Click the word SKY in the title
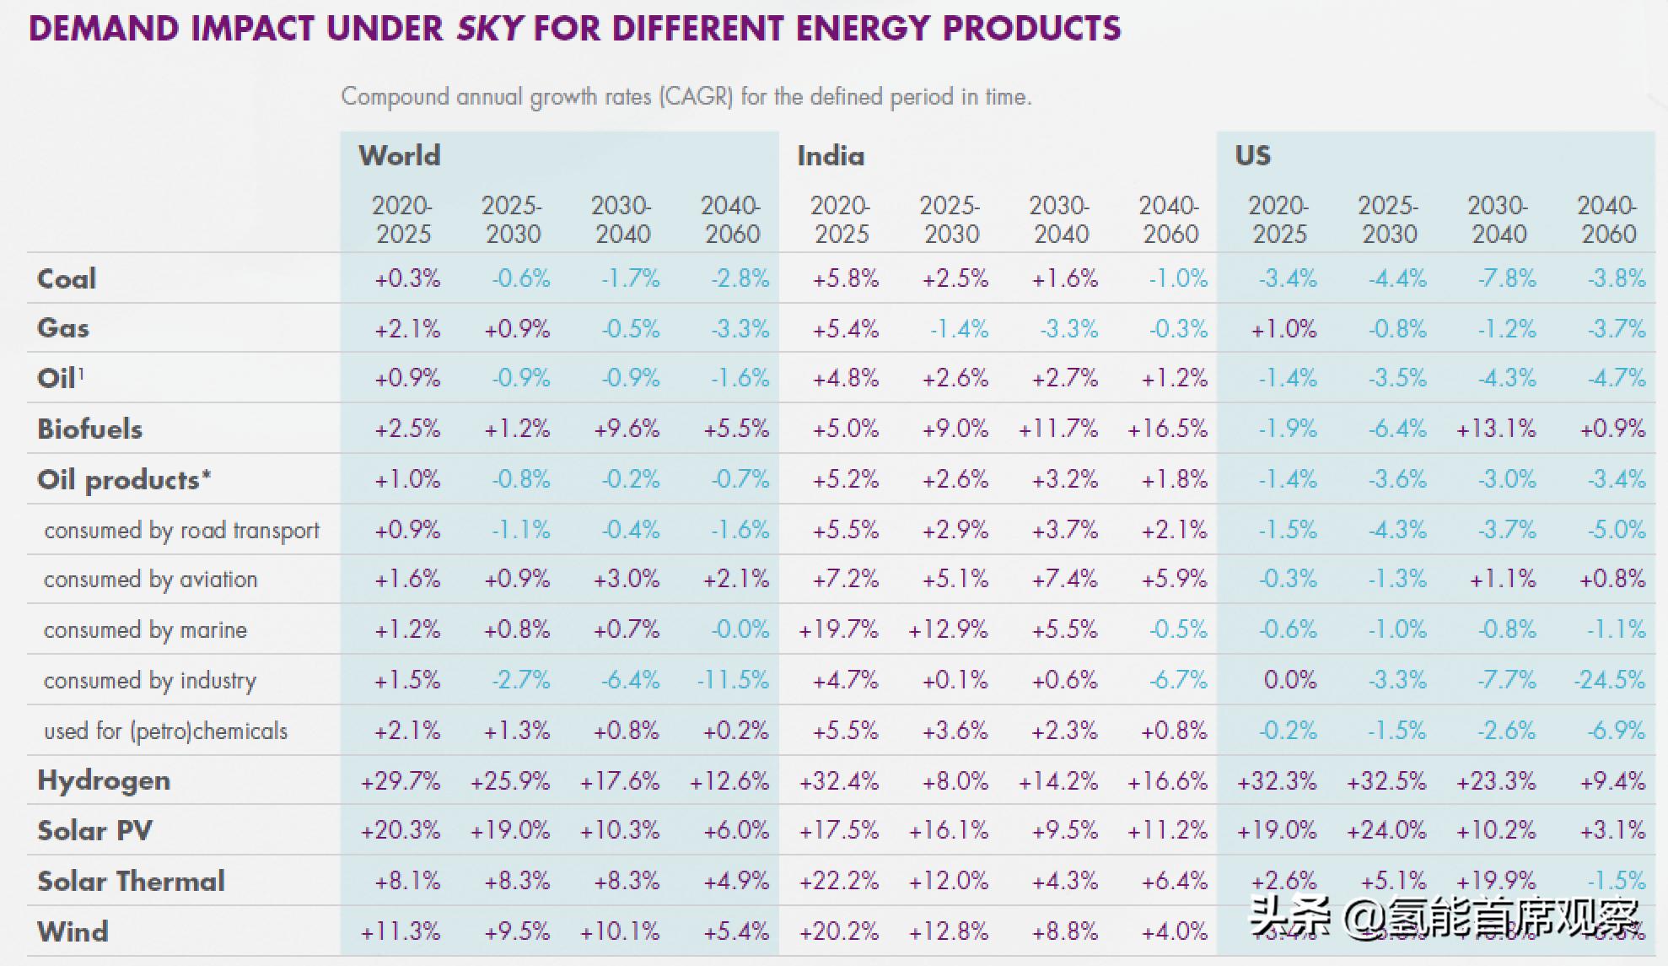pos(490,29)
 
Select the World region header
pos(399,156)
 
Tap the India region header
pos(831,156)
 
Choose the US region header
pos(1252,156)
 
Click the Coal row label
pos(67,278)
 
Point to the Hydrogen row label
pos(104,780)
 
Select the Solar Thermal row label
pos(131,881)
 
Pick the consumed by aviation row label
pos(150,580)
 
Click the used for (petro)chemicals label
pos(165,731)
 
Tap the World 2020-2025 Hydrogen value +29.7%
pos(401,781)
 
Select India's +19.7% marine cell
pos(838,629)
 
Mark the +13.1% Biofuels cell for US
pos(1496,429)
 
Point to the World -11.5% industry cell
pos(733,680)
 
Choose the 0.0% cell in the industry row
pos(1289,680)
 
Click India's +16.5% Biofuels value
pos(1167,429)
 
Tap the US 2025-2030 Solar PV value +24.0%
pos(1386,831)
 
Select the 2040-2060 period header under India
pos(1170,219)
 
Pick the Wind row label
pos(73,931)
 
